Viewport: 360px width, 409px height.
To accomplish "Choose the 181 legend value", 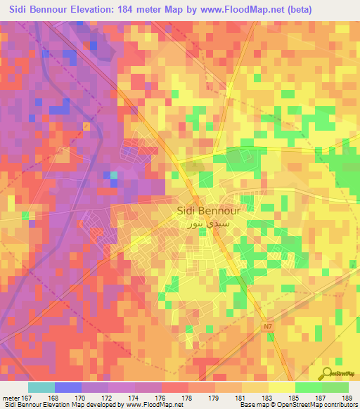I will [x=242, y=396].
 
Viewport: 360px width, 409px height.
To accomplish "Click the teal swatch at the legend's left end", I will [x=41, y=387].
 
